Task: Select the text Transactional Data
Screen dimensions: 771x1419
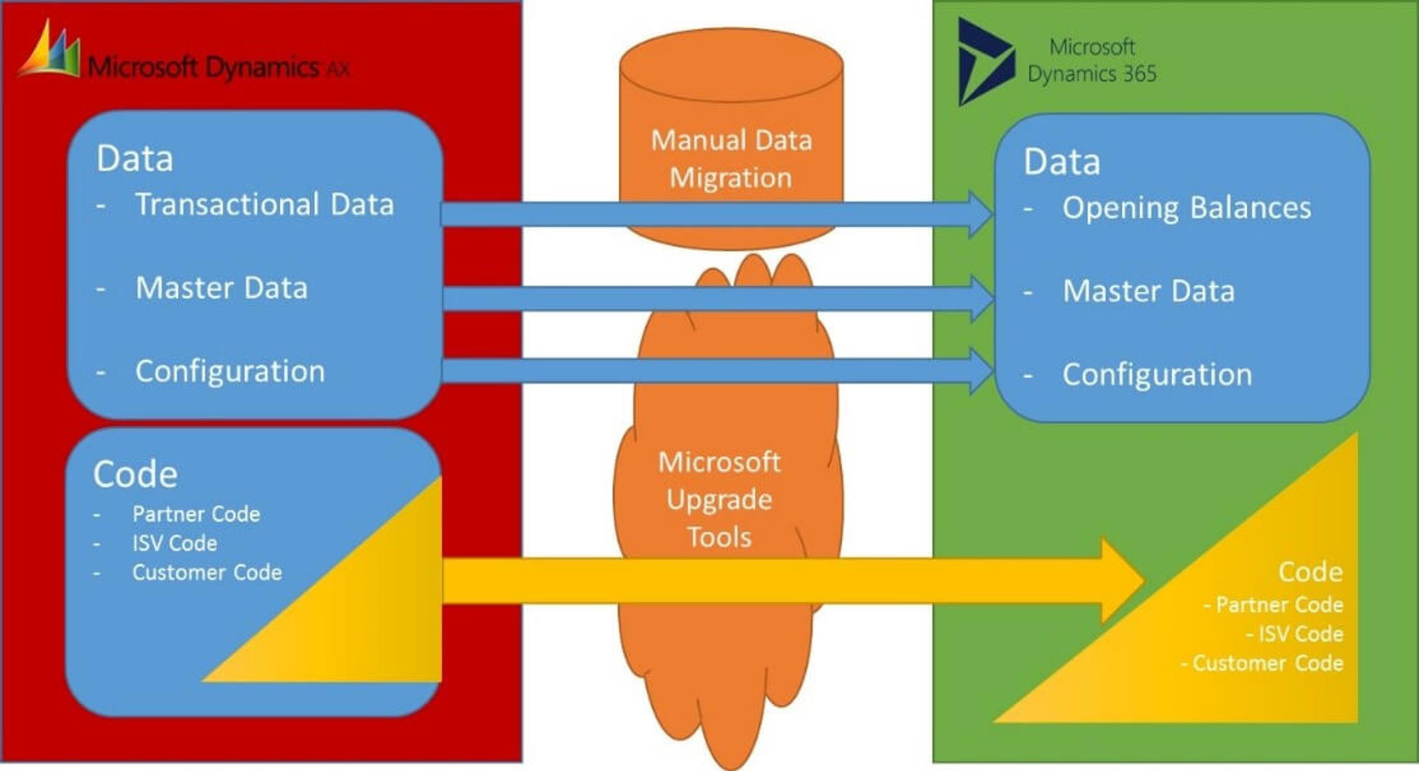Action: pos(264,204)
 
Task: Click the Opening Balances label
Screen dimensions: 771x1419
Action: pos(1186,208)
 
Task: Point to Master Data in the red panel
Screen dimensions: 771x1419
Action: pos(221,288)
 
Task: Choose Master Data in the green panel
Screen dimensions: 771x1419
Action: pos(1148,291)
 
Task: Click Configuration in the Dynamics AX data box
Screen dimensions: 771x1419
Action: pos(230,371)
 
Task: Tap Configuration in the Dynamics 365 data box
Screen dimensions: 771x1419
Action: pos(1156,375)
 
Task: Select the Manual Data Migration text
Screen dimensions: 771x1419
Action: pos(731,159)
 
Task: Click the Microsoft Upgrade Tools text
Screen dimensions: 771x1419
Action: pos(719,500)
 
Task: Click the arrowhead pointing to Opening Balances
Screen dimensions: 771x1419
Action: pos(982,214)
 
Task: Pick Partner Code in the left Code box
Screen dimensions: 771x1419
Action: pos(196,514)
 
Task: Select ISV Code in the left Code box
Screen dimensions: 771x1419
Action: pos(175,543)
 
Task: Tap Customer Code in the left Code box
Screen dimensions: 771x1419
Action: pos(206,572)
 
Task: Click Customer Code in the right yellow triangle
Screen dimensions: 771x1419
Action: pos(1267,663)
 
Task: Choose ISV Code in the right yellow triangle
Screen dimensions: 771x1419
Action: pos(1300,633)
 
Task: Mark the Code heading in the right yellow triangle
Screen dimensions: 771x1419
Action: pos(1310,572)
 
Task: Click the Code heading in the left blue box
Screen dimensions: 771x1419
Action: pos(135,474)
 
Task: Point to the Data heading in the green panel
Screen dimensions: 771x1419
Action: pos(1061,162)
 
